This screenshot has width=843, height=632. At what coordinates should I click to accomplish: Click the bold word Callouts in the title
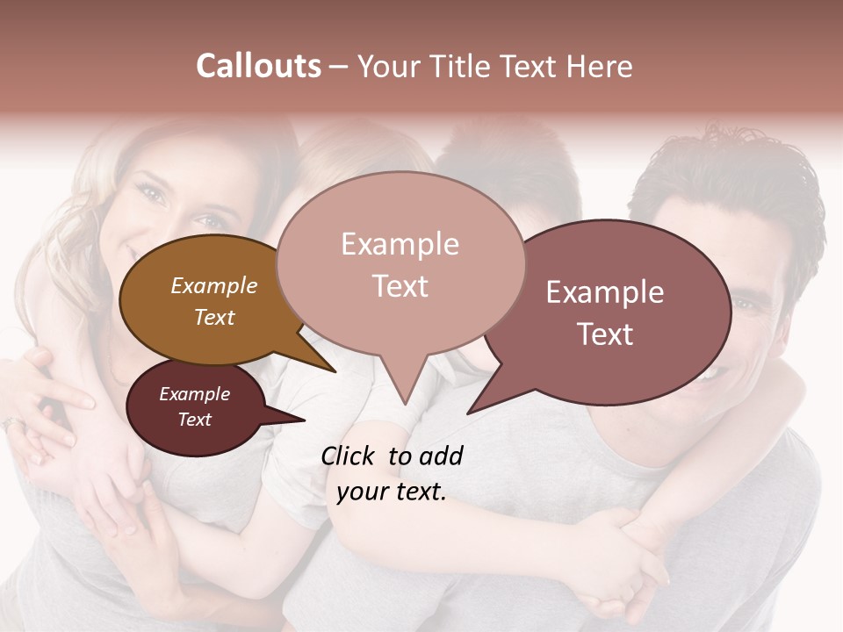(x=258, y=66)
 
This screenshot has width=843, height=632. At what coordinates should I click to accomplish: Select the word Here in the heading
(x=600, y=66)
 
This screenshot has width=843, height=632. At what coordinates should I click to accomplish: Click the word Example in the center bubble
(x=400, y=244)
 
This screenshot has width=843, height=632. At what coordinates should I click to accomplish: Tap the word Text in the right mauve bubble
(x=605, y=334)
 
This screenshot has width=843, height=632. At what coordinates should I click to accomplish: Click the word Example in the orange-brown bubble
(x=213, y=286)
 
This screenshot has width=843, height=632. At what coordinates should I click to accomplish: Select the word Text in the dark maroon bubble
(x=194, y=420)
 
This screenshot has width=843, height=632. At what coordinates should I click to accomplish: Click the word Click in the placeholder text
(x=349, y=456)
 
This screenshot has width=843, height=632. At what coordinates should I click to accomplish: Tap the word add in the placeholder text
(x=440, y=456)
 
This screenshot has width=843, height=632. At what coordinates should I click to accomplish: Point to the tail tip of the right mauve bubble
(x=468, y=413)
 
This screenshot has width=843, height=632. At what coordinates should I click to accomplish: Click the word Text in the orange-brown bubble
(x=213, y=317)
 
